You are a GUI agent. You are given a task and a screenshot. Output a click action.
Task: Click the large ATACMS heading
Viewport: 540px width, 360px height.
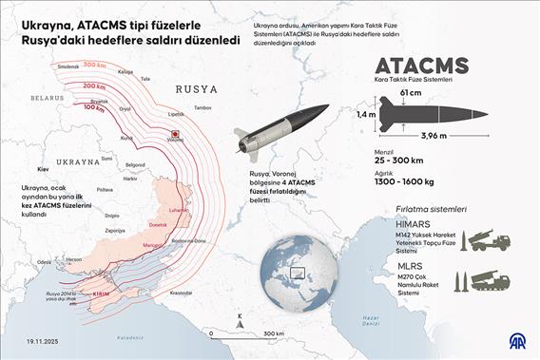[x=423, y=66]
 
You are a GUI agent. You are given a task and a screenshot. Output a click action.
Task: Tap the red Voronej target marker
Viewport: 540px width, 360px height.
[x=174, y=136]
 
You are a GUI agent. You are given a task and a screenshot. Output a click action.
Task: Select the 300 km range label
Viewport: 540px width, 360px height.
[x=94, y=65]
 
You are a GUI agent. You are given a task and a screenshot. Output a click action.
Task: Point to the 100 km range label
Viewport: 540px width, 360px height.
[x=94, y=107]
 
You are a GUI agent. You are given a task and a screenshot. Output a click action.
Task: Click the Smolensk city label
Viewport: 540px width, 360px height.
[x=68, y=66]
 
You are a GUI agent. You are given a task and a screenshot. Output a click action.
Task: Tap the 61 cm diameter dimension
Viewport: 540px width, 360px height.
[x=411, y=92]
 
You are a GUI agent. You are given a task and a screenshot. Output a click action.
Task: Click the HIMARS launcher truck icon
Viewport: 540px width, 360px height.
[x=490, y=239]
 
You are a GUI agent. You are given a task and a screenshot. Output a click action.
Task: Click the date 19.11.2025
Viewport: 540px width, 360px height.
[x=45, y=339]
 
